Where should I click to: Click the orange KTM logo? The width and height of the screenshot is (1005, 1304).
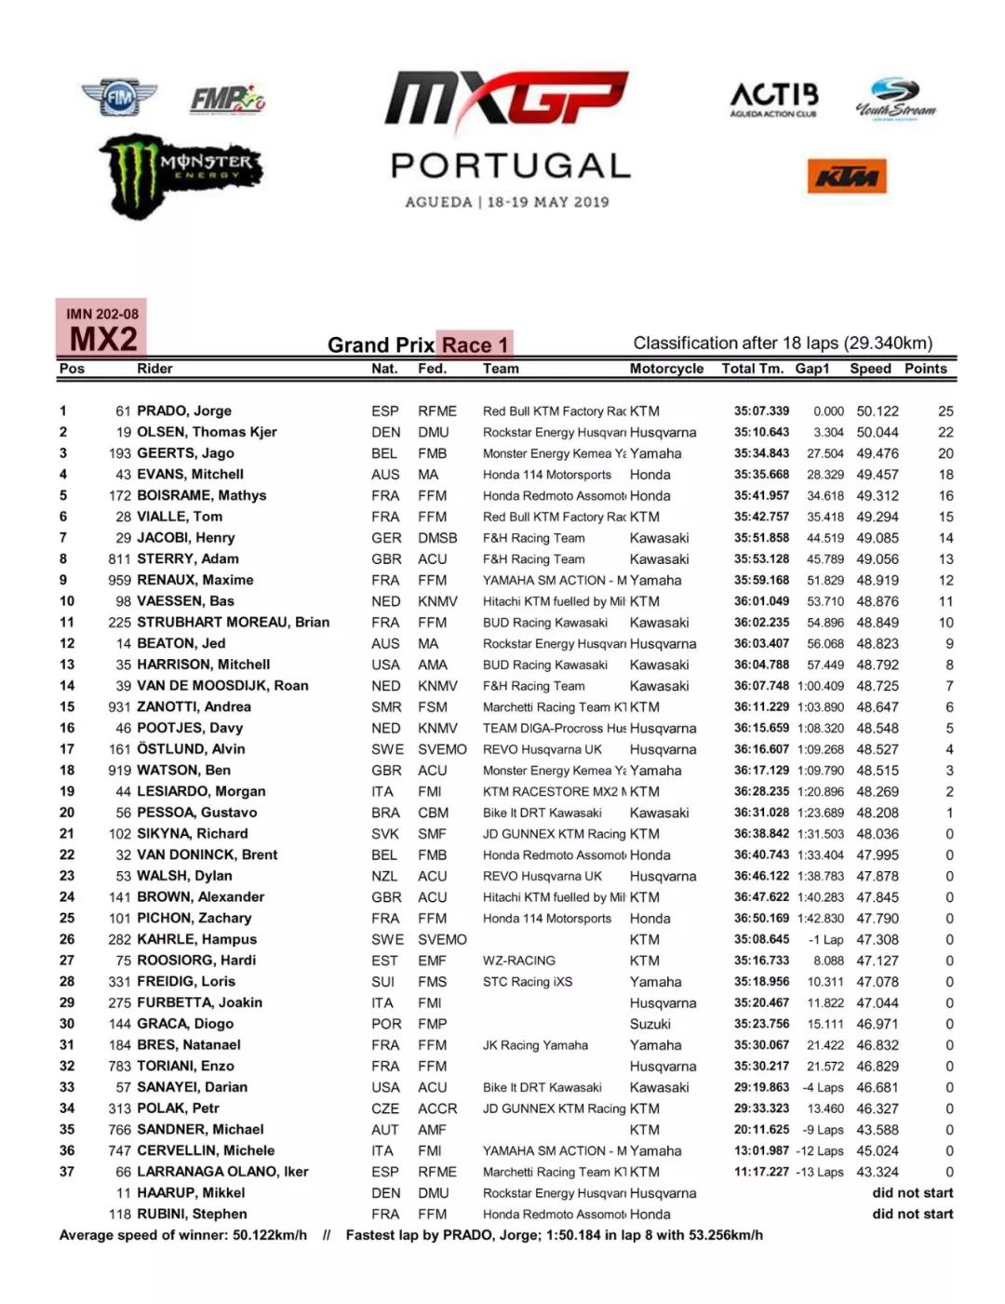pyautogui.click(x=846, y=177)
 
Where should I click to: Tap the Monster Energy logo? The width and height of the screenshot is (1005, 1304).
pyautogui.click(x=181, y=174)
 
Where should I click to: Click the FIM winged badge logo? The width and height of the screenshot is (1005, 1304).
pyautogui.click(x=119, y=98)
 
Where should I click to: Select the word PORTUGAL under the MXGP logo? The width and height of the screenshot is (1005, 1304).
pyautogui.click(x=510, y=166)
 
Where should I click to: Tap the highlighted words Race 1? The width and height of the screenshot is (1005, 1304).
pyautogui.click(x=476, y=345)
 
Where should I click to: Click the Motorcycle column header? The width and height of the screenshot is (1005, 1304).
pyautogui.click(x=666, y=369)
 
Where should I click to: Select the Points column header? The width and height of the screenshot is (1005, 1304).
pyautogui.click(x=925, y=369)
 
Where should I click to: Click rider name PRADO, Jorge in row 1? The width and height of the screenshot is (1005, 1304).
pyautogui.click(x=184, y=410)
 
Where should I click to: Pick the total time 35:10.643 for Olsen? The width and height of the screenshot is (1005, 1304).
pyautogui.click(x=761, y=432)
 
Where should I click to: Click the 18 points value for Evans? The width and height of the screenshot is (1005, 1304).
pyautogui.click(x=945, y=475)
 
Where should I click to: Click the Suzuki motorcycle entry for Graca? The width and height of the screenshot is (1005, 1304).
pyautogui.click(x=650, y=1024)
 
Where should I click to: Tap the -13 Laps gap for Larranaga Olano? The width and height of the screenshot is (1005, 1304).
pyautogui.click(x=819, y=1172)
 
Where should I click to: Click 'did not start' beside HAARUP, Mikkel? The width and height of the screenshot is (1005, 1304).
pyautogui.click(x=912, y=1192)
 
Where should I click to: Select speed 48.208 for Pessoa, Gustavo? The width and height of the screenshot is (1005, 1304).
pyautogui.click(x=878, y=813)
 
